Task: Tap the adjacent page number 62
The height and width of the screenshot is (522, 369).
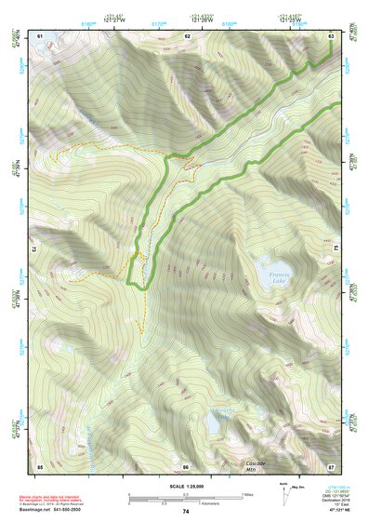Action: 187,35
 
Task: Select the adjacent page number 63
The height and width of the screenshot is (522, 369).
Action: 332,35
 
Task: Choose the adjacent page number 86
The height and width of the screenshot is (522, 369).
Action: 186,465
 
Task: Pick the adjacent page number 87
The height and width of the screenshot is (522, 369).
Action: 332,465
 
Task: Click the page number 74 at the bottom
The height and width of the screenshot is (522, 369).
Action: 186,512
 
